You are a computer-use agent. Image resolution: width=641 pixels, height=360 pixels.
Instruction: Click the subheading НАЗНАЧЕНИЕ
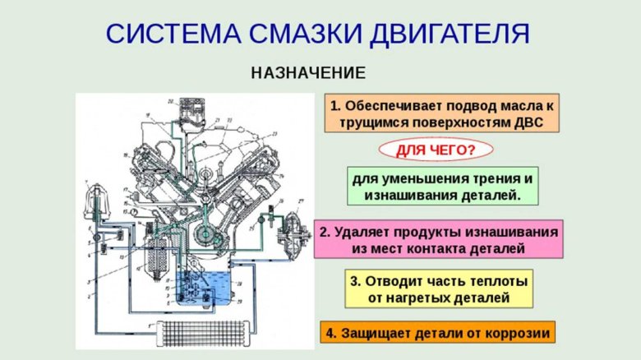click(308, 72)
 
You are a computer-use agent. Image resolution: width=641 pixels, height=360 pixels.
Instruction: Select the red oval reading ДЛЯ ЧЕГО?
click(436, 150)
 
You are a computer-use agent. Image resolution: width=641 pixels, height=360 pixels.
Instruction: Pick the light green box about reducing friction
click(442, 187)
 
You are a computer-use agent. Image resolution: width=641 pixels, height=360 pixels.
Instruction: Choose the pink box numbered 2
click(439, 239)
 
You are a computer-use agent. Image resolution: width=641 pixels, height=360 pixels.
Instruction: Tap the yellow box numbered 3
click(438, 288)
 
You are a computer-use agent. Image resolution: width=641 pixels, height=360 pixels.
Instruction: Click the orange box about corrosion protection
click(437, 333)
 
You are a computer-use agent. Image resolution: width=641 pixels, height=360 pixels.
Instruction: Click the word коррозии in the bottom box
click(519, 333)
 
